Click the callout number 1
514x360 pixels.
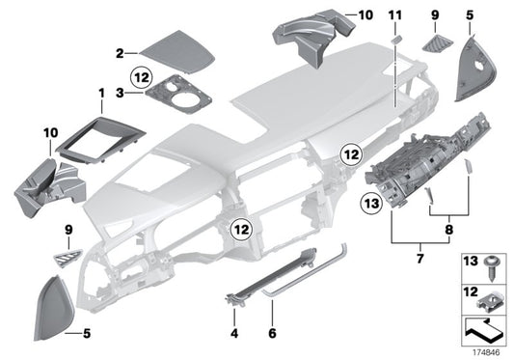[x=100, y=93]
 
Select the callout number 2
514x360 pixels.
[x=120, y=53]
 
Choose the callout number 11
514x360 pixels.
[x=392, y=15]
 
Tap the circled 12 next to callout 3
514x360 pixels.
[x=142, y=74]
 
